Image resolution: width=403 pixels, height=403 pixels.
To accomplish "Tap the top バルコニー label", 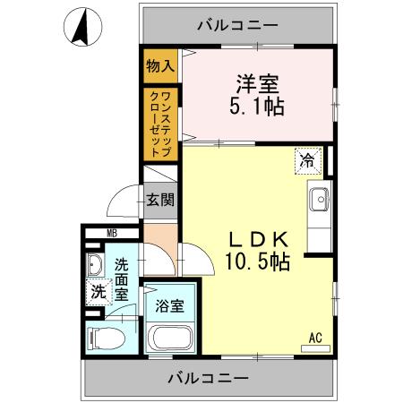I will point(237,25).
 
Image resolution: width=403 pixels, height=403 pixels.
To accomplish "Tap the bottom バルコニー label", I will point(208,378).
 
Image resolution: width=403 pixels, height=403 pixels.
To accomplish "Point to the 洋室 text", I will point(257,85).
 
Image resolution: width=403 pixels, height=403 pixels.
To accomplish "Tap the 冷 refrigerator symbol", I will point(307,161).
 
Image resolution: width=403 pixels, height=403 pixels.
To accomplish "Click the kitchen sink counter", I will point(318,210).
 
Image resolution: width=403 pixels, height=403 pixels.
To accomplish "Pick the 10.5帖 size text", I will point(257,263).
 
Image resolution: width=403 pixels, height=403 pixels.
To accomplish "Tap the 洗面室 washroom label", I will point(123,278).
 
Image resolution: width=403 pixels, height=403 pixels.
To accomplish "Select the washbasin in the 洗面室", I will point(96,265).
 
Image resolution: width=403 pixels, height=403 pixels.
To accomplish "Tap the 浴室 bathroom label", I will point(170,305).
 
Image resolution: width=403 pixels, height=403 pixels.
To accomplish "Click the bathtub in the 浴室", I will point(169,339).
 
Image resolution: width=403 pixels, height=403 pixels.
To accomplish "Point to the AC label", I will point(314,337).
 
